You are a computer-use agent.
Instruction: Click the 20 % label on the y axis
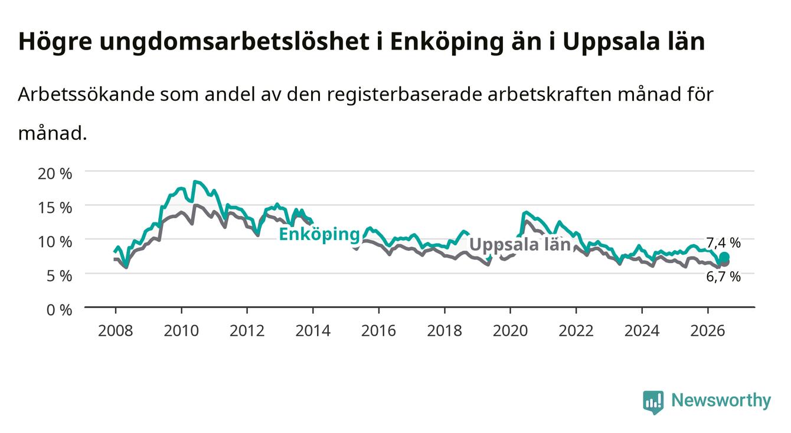coord(55,173)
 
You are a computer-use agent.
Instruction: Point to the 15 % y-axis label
coord(55,208)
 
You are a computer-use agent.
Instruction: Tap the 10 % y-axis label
coord(55,242)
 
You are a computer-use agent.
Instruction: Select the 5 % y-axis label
coord(59,275)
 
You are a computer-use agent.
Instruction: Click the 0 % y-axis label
coord(59,310)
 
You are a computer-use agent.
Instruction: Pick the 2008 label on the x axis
coord(116,331)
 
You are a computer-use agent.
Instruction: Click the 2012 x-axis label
coord(247,331)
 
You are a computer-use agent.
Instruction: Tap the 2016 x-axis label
coord(378,331)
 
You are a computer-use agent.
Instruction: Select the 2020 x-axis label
coord(510,331)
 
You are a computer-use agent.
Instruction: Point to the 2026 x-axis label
coord(708,331)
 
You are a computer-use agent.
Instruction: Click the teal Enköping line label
coord(319,235)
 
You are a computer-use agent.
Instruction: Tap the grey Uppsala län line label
coord(520,244)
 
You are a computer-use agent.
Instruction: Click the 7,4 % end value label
coord(723,243)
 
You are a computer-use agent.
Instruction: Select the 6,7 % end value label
coord(723,277)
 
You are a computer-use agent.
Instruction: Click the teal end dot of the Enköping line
coord(724,257)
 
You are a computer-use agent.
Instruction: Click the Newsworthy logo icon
coord(653,402)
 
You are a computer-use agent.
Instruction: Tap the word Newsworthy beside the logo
coord(721,400)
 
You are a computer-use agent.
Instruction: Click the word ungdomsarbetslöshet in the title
coord(234,42)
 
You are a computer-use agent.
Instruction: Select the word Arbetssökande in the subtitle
coord(86,94)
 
